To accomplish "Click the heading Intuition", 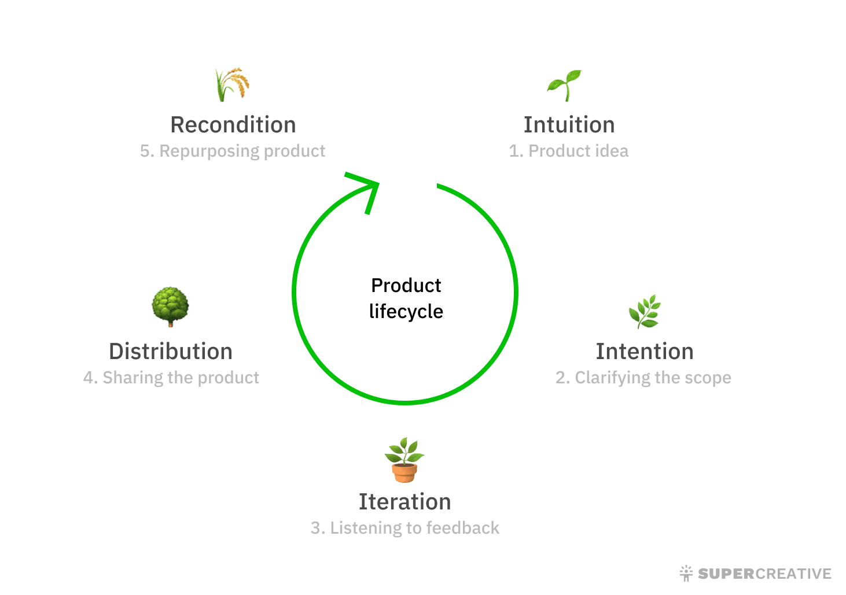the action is click(569, 125).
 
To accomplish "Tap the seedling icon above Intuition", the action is click(564, 85).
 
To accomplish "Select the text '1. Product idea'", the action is click(568, 151).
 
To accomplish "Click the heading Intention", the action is click(644, 352).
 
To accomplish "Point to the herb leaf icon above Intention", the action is click(645, 311).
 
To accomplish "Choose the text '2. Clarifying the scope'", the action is click(643, 378).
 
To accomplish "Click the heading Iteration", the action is click(404, 502).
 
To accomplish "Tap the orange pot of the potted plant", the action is click(404, 472).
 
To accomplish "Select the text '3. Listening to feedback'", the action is click(404, 528).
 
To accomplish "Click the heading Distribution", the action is click(171, 352).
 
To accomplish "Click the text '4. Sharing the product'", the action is click(171, 378).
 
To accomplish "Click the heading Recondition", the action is click(233, 125).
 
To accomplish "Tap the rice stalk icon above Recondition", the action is click(232, 84).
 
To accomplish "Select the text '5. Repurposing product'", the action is click(233, 151).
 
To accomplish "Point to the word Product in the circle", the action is click(406, 286).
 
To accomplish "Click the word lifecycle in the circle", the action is click(406, 312).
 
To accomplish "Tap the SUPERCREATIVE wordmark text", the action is click(764, 574).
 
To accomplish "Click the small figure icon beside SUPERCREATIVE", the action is click(686, 573).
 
